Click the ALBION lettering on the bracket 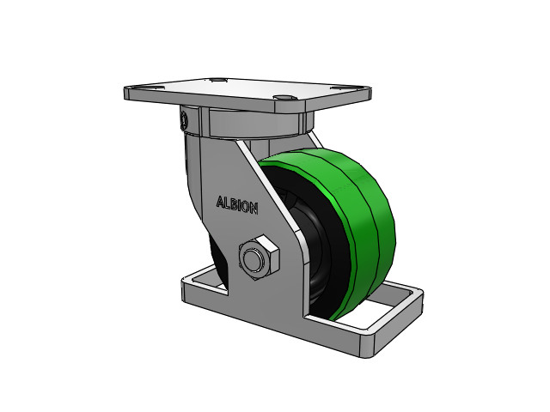click(237, 205)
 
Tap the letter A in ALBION click(220, 202)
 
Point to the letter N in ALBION click(254, 209)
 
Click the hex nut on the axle click(260, 257)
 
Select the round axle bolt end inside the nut click(254, 259)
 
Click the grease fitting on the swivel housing click(183, 120)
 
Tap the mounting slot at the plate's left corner click(151, 88)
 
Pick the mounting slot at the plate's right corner click(342, 88)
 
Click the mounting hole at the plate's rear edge click(217, 81)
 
